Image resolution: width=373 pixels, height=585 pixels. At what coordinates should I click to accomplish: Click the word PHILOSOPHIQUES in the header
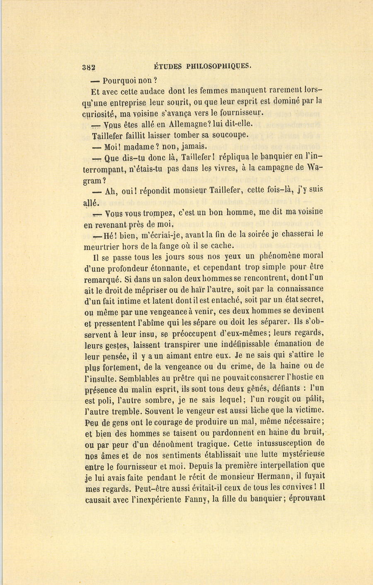pyautogui.click(x=219, y=66)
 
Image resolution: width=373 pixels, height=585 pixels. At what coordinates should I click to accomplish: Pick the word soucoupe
pyautogui.click(x=230, y=135)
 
